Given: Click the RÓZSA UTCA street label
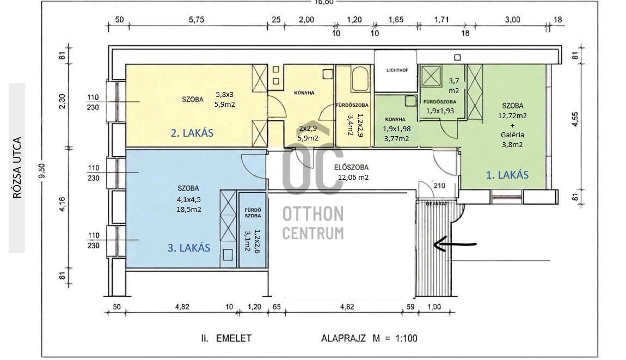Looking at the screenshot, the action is (x=17, y=168).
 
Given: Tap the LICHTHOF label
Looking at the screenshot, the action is (x=397, y=70).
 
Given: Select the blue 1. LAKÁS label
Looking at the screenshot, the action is (x=507, y=175).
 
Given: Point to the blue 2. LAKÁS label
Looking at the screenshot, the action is (x=192, y=133).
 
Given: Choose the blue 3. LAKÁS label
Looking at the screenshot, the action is (x=189, y=248).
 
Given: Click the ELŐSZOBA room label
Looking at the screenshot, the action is (x=351, y=167).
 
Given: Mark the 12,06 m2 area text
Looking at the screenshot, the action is (x=353, y=177).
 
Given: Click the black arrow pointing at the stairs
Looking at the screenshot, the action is (x=455, y=244).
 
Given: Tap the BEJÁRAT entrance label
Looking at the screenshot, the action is (x=437, y=203).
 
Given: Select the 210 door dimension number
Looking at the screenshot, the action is (x=439, y=186).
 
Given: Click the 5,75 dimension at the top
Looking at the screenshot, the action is (x=197, y=20).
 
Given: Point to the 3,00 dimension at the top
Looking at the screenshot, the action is (x=513, y=20).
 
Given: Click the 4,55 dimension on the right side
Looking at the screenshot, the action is (x=575, y=119).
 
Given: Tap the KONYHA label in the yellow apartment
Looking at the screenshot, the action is (x=304, y=93).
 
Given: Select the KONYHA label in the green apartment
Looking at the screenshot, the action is (x=395, y=119).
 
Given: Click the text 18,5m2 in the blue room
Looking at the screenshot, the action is (x=189, y=209).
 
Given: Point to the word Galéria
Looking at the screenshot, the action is (x=512, y=135).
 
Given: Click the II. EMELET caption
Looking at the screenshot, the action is (x=226, y=338).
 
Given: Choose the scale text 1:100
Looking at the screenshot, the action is (x=407, y=338).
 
